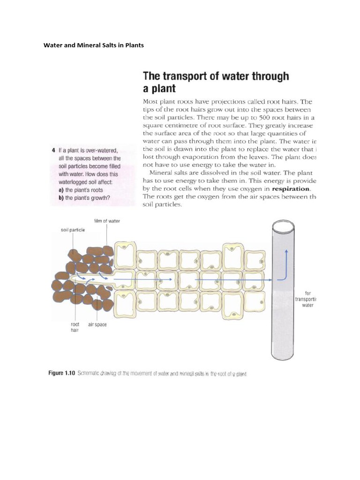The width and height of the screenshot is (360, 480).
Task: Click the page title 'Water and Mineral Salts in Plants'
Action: (x=94, y=45)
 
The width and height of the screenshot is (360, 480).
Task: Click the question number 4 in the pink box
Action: (x=53, y=150)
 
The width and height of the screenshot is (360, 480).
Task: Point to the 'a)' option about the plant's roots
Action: (x=77, y=190)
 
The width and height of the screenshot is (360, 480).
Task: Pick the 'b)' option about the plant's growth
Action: (x=81, y=197)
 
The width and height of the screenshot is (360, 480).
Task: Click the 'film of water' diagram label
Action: (x=107, y=220)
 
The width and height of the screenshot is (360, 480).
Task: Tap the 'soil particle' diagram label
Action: (x=73, y=230)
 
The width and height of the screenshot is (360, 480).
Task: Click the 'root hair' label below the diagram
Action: (x=75, y=327)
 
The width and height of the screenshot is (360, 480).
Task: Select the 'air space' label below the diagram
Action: (x=97, y=324)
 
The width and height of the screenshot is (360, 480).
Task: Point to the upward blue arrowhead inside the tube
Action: (x=285, y=252)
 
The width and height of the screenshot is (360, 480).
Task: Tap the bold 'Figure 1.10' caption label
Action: (x=62, y=374)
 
